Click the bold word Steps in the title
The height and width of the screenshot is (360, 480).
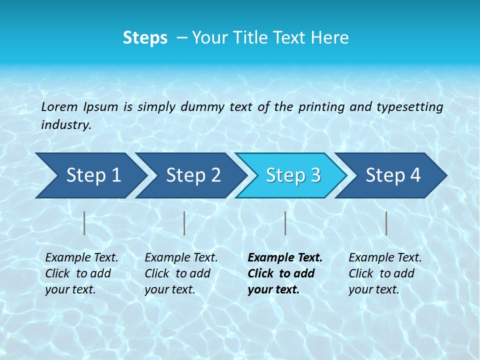pos(145,38)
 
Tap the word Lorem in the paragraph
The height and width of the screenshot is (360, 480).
pos(59,106)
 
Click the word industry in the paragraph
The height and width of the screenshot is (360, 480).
pos(65,125)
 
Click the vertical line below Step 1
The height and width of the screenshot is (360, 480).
pos(84,223)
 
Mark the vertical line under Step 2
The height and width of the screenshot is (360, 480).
pos(184,223)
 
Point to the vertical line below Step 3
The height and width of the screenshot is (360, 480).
pos(285,223)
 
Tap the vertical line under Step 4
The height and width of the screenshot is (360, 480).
pos(386,223)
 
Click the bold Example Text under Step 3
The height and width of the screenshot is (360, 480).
pos(285,258)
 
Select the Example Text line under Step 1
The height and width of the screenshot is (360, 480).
pos(81,258)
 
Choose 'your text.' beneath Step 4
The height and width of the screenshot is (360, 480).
pos(373,289)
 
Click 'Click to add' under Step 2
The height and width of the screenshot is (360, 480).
pos(177,274)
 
